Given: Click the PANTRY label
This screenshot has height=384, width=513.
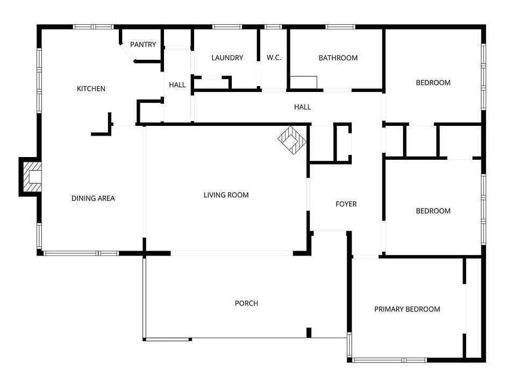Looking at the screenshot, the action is (x=143, y=45).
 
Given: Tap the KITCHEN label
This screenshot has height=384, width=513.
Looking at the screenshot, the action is (x=91, y=89).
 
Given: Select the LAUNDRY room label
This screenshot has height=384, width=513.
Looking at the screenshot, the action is (x=227, y=58).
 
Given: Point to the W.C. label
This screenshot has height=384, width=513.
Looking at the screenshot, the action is (x=274, y=58).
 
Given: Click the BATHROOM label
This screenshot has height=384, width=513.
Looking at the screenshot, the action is (x=338, y=58).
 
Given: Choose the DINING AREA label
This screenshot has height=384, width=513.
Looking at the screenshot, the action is (x=93, y=198).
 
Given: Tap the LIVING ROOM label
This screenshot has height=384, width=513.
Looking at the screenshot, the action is (x=226, y=195).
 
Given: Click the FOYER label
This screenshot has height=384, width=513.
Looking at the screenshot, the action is (x=346, y=204).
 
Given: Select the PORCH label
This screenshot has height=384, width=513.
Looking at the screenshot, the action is (x=246, y=303).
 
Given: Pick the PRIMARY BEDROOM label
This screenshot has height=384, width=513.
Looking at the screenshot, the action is (x=407, y=309).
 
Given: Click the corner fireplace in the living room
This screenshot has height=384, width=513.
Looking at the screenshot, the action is (x=292, y=140).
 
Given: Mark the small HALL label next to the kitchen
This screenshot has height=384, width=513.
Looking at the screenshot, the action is (x=177, y=85).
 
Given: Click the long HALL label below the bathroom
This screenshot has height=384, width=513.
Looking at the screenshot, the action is (x=302, y=107).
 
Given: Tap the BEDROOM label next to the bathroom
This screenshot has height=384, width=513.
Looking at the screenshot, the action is (x=433, y=83).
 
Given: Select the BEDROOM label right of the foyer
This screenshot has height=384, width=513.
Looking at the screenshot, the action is (x=433, y=211).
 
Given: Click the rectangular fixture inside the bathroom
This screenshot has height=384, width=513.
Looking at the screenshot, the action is (x=304, y=82).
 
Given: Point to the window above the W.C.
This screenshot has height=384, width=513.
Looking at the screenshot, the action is (x=273, y=27).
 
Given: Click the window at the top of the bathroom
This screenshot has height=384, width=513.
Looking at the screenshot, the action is (x=340, y=27).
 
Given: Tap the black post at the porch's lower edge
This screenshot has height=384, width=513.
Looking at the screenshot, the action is (x=309, y=332).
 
